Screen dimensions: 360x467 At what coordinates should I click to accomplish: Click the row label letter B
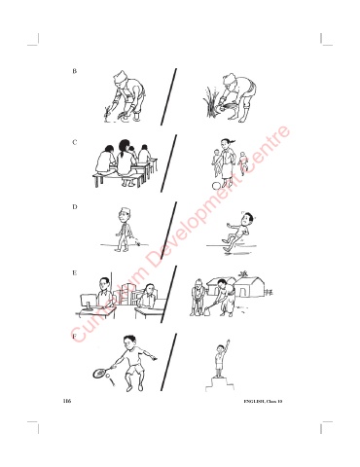click(75, 71)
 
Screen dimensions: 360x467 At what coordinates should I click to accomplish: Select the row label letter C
click(75, 142)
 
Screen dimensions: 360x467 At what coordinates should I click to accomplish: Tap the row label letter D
click(75, 206)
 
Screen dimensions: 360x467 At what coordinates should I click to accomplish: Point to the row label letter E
click(75, 272)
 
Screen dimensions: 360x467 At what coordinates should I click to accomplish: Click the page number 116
click(67, 401)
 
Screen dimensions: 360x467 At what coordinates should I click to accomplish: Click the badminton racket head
click(99, 373)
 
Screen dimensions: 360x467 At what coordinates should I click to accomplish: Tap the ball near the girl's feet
click(216, 186)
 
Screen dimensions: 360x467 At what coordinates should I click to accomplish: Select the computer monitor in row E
click(89, 302)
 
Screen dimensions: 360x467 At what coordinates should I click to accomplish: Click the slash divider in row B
click(168, 96)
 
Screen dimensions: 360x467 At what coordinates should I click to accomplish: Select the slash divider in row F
click(168, 362)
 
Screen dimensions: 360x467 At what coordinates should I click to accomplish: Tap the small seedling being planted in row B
click(106, 114)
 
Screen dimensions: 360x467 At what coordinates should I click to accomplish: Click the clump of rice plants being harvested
click(211, 100)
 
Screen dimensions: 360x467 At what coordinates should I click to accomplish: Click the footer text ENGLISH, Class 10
click(263, 402)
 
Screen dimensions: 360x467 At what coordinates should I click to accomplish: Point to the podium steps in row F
click(220, 384)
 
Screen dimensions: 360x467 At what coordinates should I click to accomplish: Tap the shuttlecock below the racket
click(110, 379)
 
